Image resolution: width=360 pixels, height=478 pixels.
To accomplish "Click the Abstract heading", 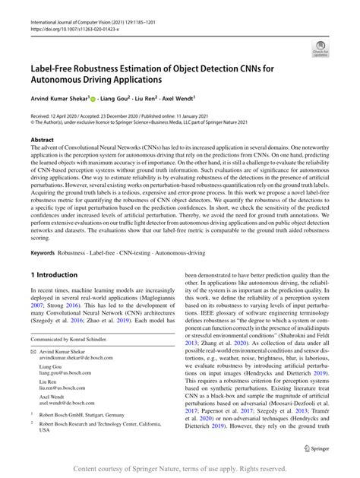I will pyautogui.click(x=42, y=141).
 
